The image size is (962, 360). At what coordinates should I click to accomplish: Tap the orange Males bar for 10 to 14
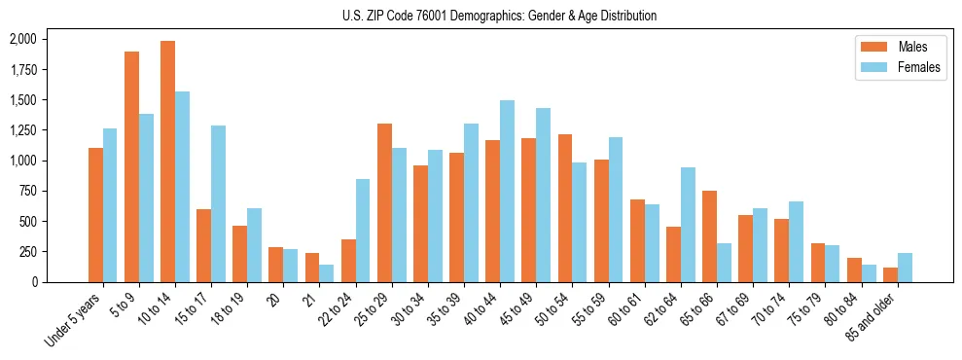[x=167, y=162]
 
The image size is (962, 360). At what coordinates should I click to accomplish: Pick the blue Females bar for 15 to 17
[x=218, y=203]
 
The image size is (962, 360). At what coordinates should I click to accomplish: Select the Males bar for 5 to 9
[x=131, y=166]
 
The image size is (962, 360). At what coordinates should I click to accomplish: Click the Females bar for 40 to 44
[x=507, y=191]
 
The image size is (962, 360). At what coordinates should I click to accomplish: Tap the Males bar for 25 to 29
[x=384, y=202]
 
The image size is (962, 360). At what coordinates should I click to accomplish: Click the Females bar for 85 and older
[x=905, y=268]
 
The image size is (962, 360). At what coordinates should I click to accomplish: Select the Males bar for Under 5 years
[x=95, y=215]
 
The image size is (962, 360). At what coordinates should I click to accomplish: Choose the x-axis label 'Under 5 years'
[x=74, y=320]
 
